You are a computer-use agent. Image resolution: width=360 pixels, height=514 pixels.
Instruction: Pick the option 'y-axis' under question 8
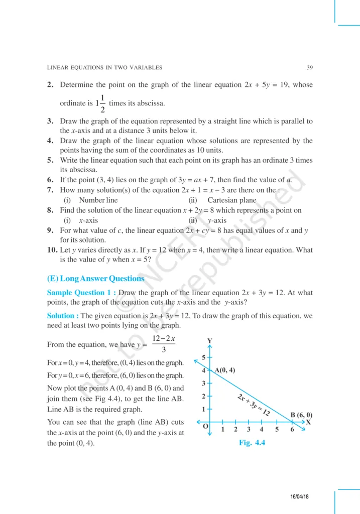(217, 220)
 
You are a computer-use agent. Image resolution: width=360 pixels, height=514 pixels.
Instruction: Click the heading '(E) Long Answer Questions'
(95, 279)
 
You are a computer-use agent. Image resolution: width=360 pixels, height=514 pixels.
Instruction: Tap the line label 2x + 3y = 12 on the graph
(254, 406)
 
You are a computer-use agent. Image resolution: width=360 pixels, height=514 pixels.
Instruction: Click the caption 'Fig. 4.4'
(252, 443)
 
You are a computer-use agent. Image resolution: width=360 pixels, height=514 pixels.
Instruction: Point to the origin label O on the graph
(205, 427)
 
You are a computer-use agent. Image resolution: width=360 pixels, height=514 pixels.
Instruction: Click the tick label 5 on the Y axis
(203, 357)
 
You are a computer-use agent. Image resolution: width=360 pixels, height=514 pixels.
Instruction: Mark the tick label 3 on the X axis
(249, 430)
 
